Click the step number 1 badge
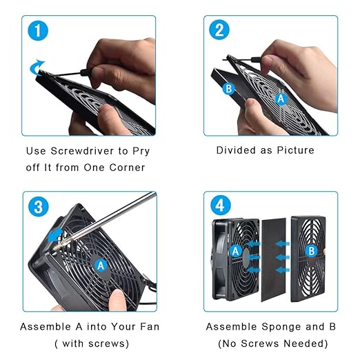click(x=38, y=31)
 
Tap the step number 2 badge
click(x=219, y=30)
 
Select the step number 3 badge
click(x=39, y=206)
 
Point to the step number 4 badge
click(x=220, y=206)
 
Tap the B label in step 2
click(x=229, y=89)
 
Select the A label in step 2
click(x=281, y=99)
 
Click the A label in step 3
click(x=101, y=266)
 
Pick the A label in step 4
click(x=236, y=251)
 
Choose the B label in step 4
click(x=312, y=251)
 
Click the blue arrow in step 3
click(x=54, y=234)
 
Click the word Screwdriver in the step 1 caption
click(x=82, y=151)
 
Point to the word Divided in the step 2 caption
click(x=236, y=150)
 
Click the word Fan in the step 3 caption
click(x=149, y=327)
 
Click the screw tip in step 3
click(x=55, y=248)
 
